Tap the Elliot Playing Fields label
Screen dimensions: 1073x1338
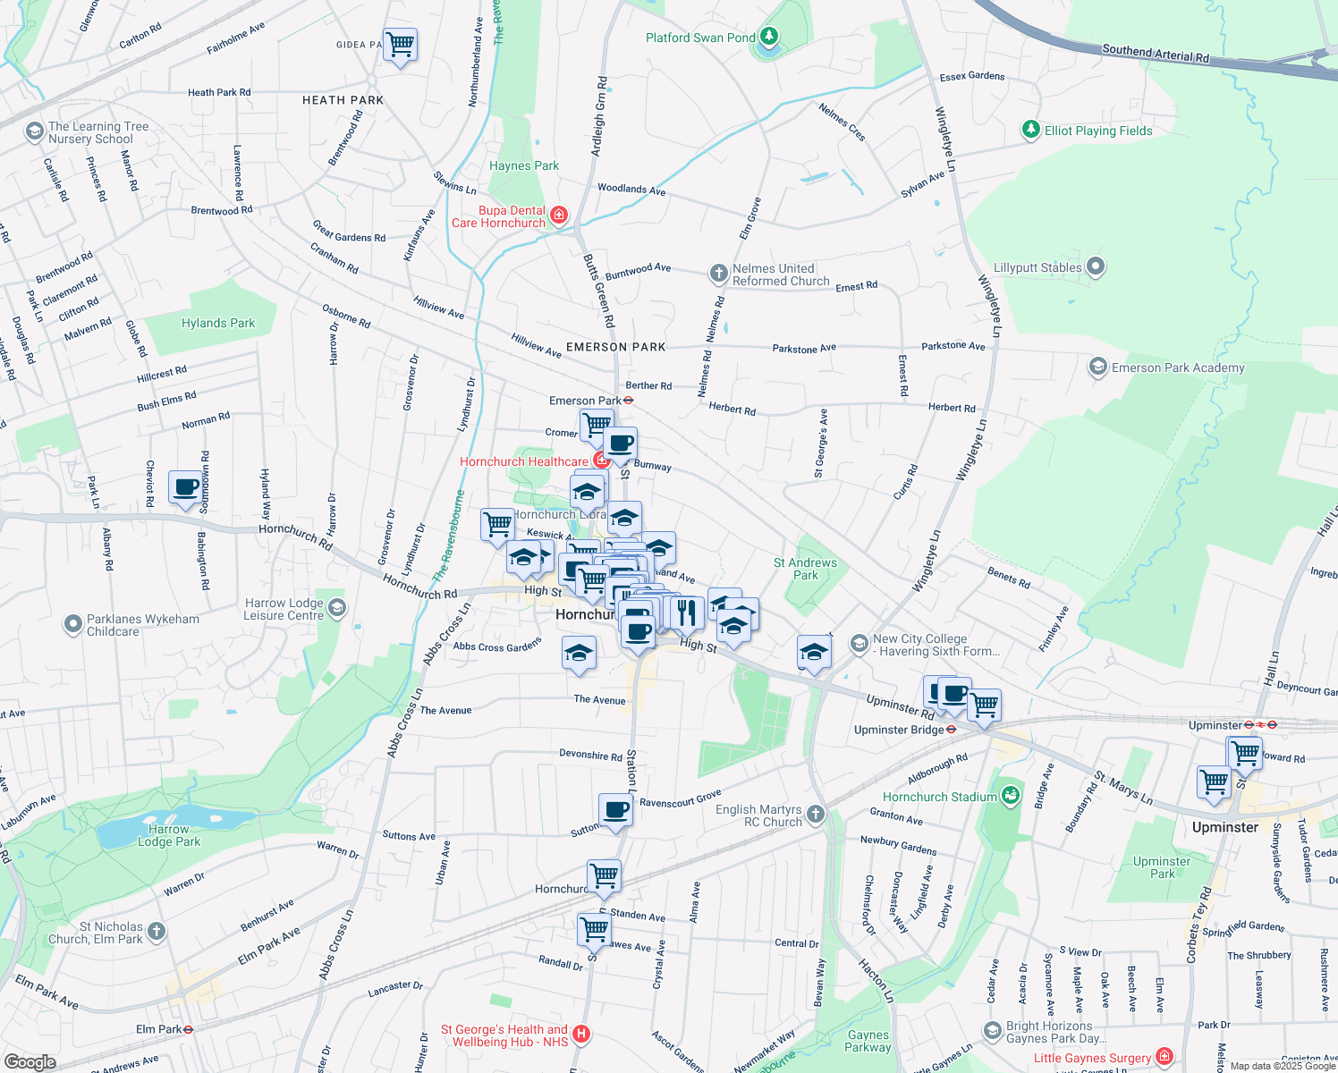1098,131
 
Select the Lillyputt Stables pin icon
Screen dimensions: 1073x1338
1096,267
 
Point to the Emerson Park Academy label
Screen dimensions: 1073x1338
1177,368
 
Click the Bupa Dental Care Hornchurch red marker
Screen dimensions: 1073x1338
559,215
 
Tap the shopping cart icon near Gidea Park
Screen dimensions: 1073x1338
401,44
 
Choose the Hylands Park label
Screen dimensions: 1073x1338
217,323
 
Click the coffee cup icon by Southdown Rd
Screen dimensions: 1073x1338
185,487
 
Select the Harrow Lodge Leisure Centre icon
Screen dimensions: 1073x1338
336,609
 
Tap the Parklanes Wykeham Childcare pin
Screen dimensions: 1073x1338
73,624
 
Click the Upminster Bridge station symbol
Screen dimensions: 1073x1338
952,730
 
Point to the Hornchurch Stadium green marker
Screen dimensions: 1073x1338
1011,796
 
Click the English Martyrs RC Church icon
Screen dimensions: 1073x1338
815,814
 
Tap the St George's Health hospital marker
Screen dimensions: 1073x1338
581,1035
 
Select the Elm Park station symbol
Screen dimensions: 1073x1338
188,1029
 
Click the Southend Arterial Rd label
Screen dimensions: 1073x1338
1155,54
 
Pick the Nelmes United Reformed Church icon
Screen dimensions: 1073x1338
718,274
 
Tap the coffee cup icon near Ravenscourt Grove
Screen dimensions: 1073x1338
615,810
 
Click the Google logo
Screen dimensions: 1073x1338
30,1061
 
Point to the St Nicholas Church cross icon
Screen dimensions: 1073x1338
157,932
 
